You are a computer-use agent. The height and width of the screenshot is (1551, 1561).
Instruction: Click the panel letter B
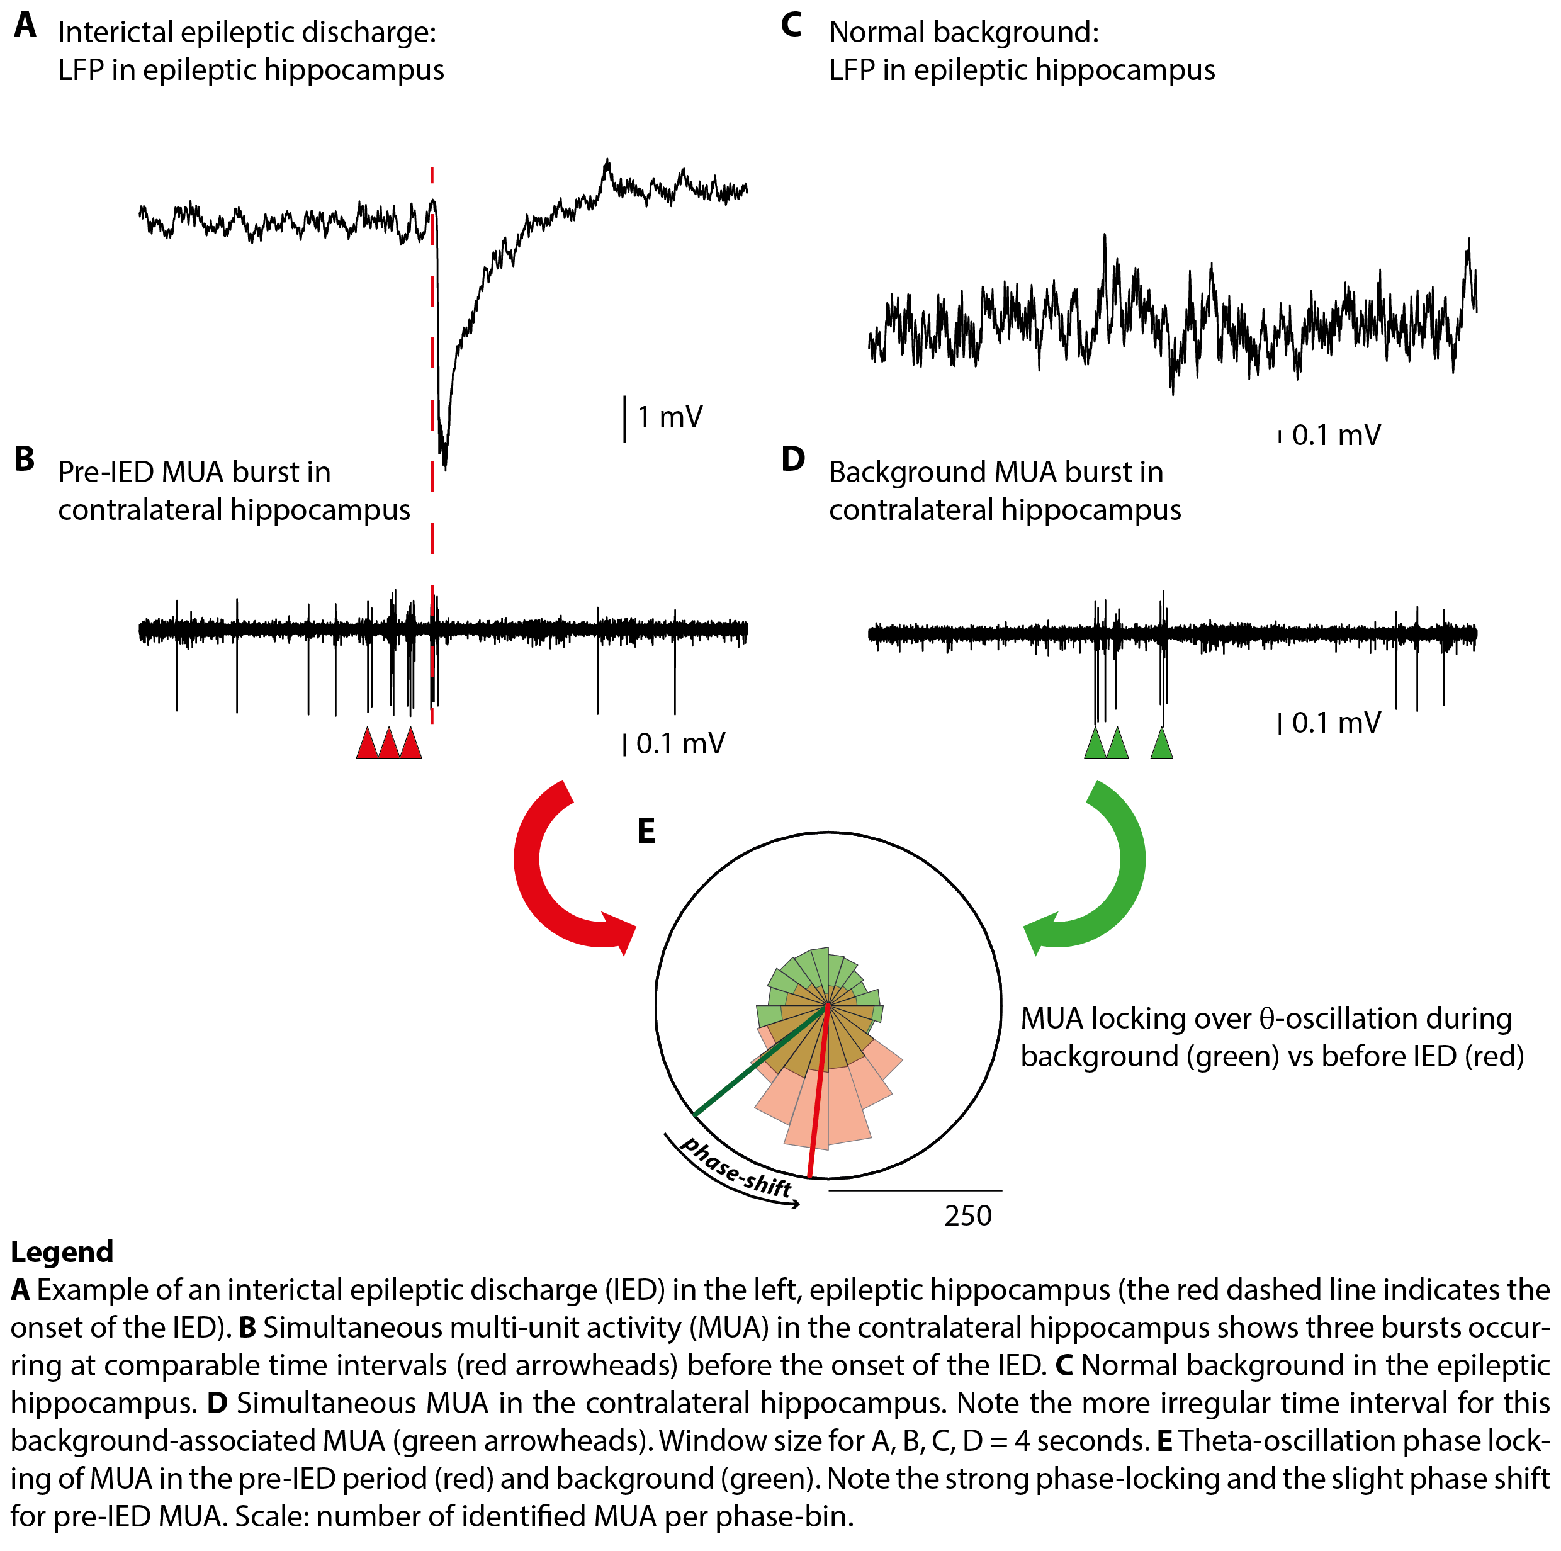(25, 459)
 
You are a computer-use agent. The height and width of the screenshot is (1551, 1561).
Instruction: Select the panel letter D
(792, 459)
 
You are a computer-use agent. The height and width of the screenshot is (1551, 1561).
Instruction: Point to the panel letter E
(646, 830)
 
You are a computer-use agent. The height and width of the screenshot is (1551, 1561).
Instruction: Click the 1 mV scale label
(670, 417)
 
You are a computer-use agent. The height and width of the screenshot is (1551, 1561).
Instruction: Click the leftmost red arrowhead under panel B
(368, 743)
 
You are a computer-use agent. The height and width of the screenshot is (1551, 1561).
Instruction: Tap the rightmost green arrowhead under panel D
(1161, 743)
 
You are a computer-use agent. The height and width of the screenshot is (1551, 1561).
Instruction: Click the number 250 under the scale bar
(967, 1215)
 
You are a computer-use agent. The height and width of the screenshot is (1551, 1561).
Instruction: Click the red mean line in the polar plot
(818, 1098)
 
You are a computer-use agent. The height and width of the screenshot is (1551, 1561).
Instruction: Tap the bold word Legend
(62, 1251)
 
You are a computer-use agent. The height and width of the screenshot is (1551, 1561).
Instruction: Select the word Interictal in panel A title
(122, 32)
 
